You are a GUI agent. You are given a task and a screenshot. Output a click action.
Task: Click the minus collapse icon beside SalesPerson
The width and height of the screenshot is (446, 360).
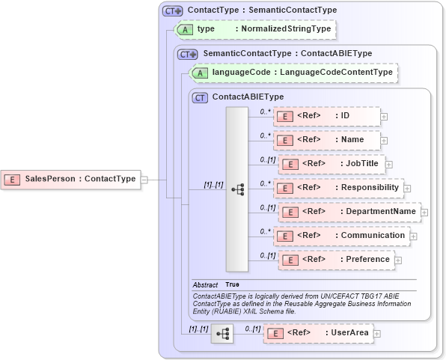point(144,179)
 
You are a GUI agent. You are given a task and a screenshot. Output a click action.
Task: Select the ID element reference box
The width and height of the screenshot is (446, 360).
point(326,116)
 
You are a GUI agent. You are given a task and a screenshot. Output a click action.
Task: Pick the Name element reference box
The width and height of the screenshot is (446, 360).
point(326,139)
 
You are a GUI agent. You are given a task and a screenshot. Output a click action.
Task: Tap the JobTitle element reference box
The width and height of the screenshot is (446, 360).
point(330,163)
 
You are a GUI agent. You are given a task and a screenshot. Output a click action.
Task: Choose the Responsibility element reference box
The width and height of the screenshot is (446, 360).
point(338,187)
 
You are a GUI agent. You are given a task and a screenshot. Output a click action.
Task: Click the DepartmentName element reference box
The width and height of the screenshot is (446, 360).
point(349,211)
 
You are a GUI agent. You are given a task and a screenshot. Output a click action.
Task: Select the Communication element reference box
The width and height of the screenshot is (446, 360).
point(341,235)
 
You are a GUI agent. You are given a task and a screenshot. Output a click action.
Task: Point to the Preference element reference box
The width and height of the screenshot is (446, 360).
point(335,259)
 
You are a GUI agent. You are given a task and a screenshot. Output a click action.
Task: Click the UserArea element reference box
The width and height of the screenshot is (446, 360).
point(318,333)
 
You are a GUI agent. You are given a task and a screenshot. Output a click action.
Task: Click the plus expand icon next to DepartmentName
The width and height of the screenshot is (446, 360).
point(424,212)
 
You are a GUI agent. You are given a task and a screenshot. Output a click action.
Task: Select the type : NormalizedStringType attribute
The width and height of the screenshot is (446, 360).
point(254,29)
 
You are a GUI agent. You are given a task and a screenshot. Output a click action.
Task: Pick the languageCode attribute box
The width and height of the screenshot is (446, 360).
point(294,73)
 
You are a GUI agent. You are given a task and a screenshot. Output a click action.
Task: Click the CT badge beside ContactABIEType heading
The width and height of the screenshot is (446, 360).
point(200,97)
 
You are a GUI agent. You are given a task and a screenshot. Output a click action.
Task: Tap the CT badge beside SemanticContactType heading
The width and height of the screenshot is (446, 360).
point(187,54)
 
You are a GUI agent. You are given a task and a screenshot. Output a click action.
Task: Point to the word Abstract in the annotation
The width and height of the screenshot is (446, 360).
point(205,285)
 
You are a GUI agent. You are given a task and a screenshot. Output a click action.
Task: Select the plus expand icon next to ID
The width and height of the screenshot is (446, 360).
point(384,117)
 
